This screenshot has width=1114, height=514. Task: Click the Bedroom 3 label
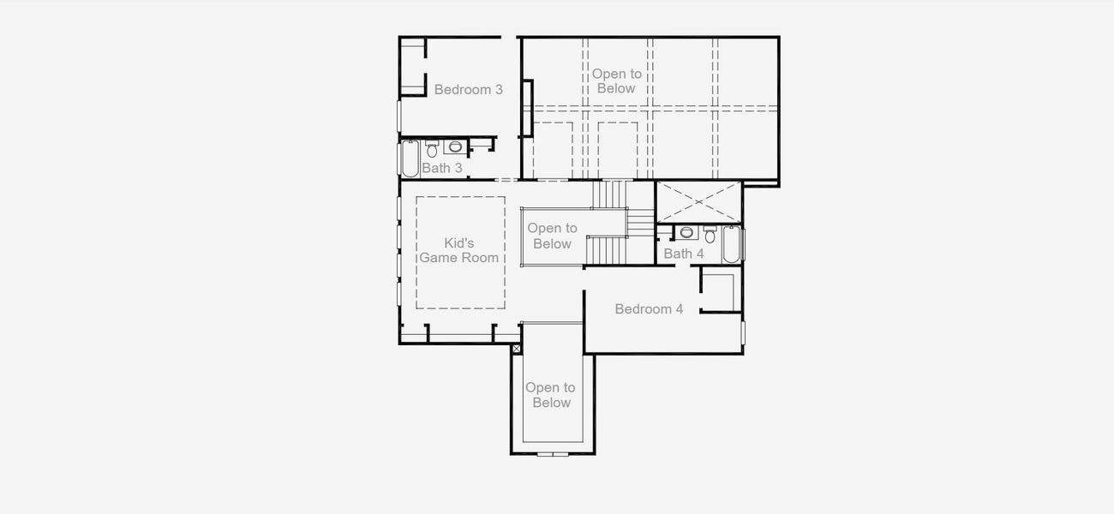(468, 89)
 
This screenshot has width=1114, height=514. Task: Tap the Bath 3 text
(442, 168)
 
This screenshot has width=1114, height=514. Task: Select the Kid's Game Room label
(459, 250)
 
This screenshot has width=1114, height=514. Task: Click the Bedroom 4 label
(649, 308)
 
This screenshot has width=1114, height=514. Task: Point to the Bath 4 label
(684, 254)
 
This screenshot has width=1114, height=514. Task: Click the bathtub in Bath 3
(410, 158)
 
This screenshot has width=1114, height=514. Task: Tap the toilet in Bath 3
(432, 148)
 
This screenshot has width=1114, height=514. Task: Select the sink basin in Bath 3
(454, 146)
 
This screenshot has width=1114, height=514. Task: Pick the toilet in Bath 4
(710, 235)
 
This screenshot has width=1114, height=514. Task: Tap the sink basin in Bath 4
(686, 232)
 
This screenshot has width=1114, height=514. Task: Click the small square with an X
(516, 350)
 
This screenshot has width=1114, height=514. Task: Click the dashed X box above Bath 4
(698, 202)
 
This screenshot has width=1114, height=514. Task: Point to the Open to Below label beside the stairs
(552, 236)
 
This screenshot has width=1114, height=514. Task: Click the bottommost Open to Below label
(550, 395)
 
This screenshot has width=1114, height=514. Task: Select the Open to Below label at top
(616, 81)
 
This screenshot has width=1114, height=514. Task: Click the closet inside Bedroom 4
(719, 291)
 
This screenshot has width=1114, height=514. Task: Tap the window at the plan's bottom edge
(552, 453)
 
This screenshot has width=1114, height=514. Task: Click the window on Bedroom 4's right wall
(743, 332)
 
